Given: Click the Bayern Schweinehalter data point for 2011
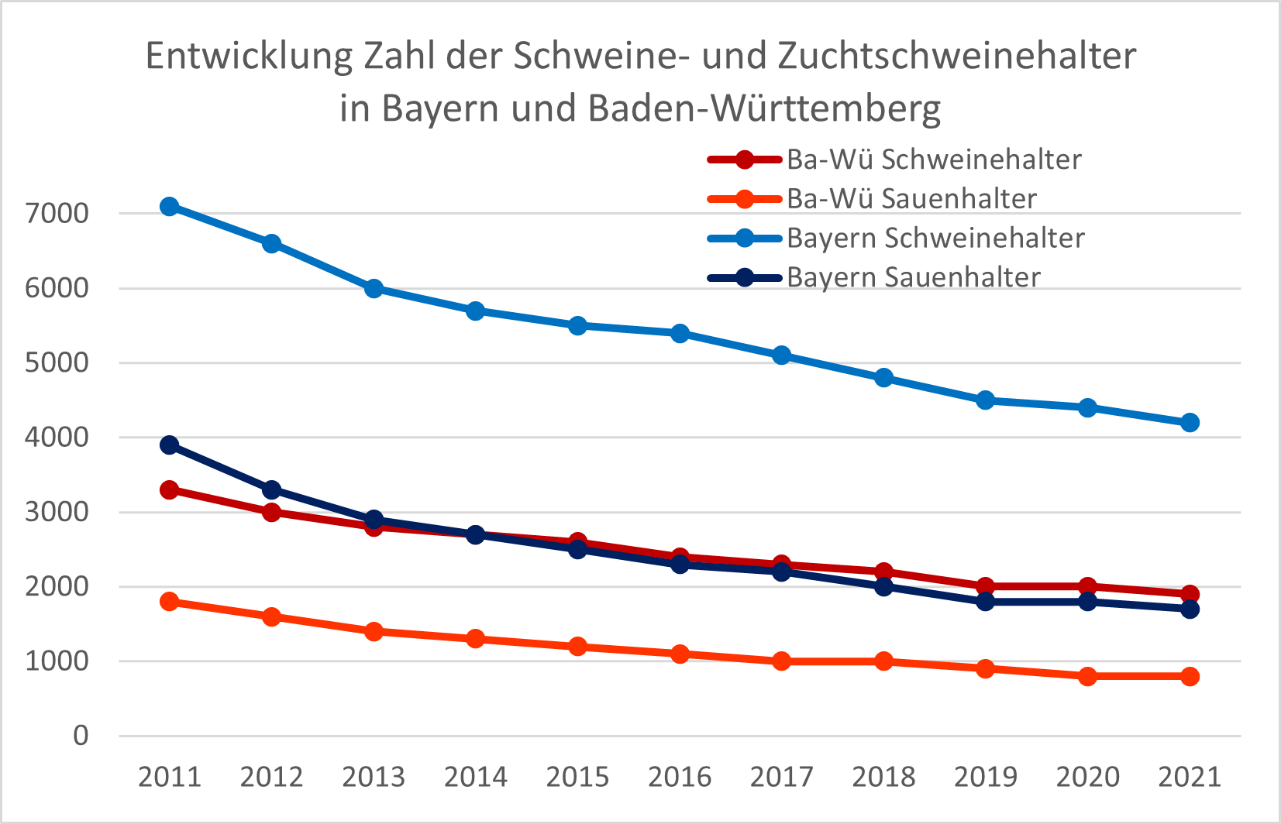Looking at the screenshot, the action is (169, 206).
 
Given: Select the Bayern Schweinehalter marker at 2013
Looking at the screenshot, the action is (374, 289).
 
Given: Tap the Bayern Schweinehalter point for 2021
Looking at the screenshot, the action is (1190, 423).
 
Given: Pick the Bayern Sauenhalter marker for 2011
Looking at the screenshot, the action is (169, 445).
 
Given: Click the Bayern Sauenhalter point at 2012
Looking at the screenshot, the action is (272, 489).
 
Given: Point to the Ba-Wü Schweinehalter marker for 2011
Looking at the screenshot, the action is (169, 489).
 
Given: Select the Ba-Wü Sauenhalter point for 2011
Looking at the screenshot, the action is (169, 602).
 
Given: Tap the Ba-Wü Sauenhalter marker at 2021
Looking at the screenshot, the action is (1190, 677).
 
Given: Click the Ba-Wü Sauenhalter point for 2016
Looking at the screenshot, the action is (680, 654).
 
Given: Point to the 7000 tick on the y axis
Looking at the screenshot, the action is (57, 214).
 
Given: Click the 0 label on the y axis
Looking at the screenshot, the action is (81, 736).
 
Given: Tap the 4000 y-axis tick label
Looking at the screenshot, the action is (57, 438).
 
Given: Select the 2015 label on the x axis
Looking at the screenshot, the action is (577, 777).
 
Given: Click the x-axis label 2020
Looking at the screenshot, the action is (1088, 777).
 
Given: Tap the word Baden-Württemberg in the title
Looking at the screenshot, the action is (764, 108).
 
